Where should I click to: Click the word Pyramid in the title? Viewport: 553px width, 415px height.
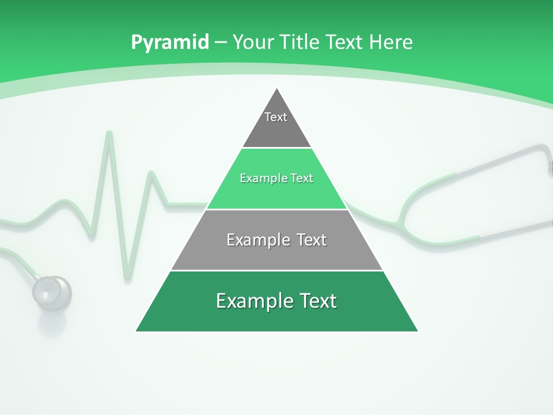(x=170, y=43)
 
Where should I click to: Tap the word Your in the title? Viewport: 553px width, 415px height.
(x=255, y=42)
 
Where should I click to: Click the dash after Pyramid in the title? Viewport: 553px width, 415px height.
(x=220, y=43)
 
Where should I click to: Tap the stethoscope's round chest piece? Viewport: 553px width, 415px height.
(x=52, y=292)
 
